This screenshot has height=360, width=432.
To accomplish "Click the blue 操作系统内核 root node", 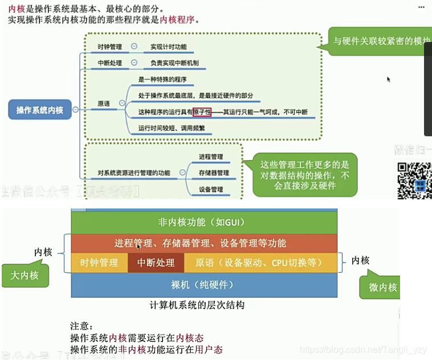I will (40, 110).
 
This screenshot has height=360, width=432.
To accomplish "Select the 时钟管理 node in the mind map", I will (110, 46).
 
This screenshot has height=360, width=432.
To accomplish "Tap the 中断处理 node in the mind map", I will (110, 63).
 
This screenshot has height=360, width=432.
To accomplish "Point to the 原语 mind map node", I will (104, 104).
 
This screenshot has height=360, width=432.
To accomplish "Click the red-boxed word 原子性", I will (202, 112).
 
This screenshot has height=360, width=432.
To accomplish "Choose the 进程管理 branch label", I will (211, 157).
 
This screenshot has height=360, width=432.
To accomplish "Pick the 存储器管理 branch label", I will (214, 173).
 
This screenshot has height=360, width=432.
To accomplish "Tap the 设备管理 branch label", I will (211, 189).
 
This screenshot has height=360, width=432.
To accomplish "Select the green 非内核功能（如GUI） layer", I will (203, 222).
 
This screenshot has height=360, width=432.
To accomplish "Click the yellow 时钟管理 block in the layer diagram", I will (99, 263).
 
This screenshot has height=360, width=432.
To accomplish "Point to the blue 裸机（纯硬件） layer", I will (203, 284).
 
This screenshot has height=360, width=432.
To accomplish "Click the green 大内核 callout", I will (25, 275).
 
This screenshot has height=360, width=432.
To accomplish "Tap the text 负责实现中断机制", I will (174, 63).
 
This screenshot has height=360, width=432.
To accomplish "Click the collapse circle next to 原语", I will (121, 104).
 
